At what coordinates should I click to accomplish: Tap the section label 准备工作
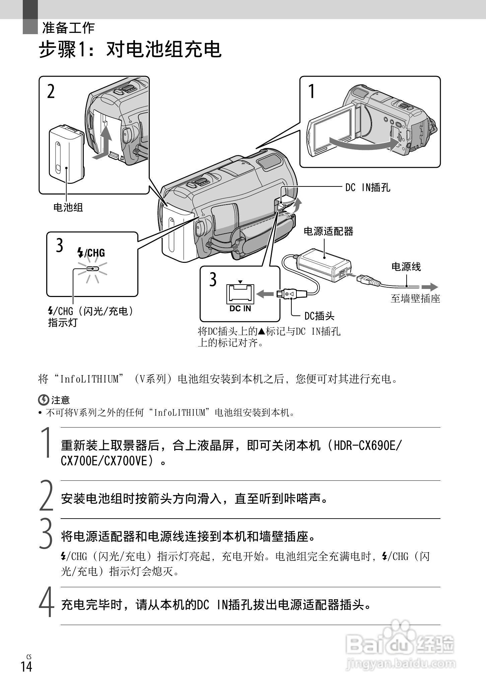(68, 28)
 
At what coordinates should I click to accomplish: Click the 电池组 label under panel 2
(68, 208)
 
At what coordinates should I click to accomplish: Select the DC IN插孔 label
(367, 187)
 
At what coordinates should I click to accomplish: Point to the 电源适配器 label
(328, 231)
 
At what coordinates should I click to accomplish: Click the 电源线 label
(406, 267)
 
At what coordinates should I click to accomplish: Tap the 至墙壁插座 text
(415, 298)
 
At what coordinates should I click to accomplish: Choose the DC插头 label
(319, 316)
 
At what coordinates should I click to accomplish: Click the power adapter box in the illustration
(323, 264)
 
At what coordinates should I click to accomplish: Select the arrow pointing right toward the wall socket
(429, 287)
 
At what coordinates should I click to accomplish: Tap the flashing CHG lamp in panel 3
(92, 268)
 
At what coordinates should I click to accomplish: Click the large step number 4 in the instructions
(47, 602)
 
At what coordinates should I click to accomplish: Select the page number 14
(26, 666)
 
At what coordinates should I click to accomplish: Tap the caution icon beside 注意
(44, 400)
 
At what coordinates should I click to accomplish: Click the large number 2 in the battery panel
(51, 91)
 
